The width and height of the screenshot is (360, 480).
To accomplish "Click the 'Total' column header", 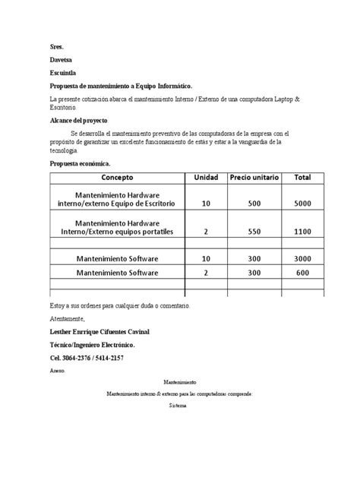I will point(303,177).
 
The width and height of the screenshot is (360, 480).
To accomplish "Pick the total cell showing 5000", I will point(303,204).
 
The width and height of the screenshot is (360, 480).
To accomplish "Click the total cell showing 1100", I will point(303,230).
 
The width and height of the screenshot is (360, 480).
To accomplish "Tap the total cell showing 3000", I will point(303,258).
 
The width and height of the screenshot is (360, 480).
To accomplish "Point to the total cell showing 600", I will point(303,272).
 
